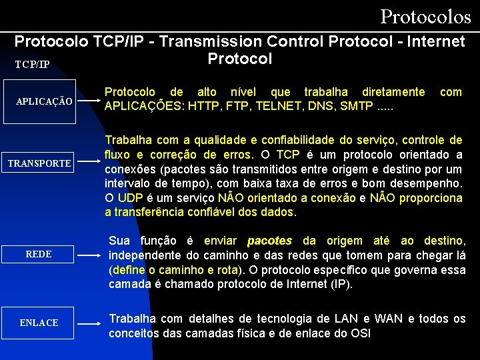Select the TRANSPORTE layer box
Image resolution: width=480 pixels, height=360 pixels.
[39, 163]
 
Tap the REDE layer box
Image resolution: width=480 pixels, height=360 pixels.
[39, 254]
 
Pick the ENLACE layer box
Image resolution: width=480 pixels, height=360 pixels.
[39, 323]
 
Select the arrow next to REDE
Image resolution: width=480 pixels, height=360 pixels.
[90, 255]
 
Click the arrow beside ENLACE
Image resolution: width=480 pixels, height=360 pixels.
[90, 323]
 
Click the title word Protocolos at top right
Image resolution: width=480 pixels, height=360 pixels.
[425, 15]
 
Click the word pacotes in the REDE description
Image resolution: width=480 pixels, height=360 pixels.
[269, 241]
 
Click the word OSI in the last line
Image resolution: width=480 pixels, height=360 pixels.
[360, 333]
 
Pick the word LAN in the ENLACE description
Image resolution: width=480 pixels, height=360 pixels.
[344, 319]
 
